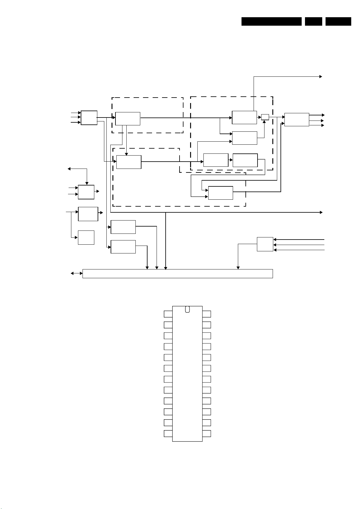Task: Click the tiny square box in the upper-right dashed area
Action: (x=265, y=117)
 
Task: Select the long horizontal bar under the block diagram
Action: (x=178, y=273)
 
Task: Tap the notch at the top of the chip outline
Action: (x=187, y=309)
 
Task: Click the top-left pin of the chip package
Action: (x=168, y=314)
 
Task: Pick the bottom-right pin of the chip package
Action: (x=206, y=433)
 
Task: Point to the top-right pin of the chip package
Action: (x=206, y=314)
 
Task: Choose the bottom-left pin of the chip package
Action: (x=168, y=433)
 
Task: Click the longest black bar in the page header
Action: (x=271, y=21)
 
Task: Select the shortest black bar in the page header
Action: (x=313, y=21)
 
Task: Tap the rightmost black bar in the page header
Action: (x=338, y=21)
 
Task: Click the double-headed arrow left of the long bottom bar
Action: (x=76, y=273)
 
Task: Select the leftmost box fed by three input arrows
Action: (x=89, y=118)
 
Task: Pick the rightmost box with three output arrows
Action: (x=297, y=120)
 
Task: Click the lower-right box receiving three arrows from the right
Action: (x=265, y=244)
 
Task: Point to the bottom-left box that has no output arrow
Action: (x=86, y=237)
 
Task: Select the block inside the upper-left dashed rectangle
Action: (x=128, y=118)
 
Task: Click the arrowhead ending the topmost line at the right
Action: (x=321, y=77)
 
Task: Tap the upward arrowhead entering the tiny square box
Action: (x=264, y=122)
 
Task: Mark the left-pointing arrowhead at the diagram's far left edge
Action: (x=69, y=169)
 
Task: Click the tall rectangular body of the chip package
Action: (x=187, y=375)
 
